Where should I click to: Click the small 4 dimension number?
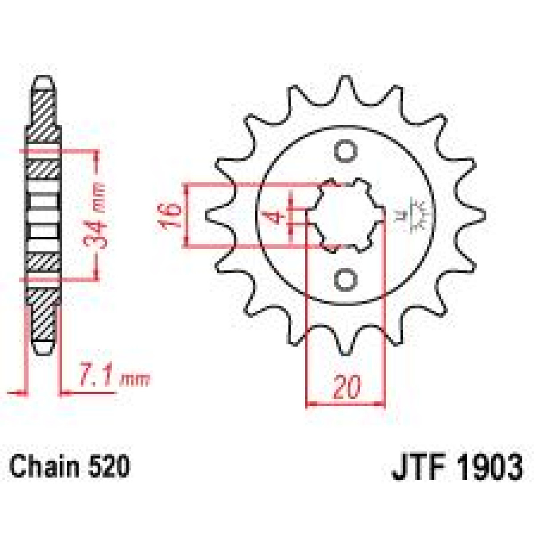tap(279, 218)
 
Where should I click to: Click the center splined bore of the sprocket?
tap(349, 216)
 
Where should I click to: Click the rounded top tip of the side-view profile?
tap(44, 81)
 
